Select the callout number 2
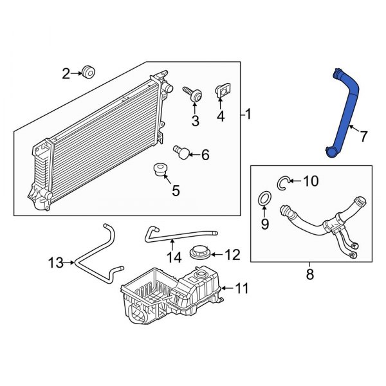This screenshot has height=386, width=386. coord(66,74)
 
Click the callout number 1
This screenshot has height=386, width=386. coord(248,116)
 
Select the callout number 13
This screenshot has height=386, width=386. coord(57,262)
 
